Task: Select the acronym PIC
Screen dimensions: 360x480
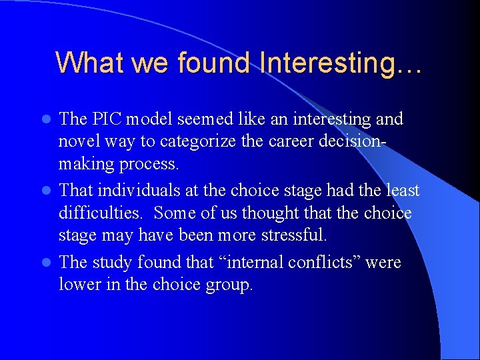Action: pos(109,119)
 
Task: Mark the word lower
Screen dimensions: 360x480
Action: pos(79,285)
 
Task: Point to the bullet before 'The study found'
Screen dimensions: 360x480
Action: pos(47,263)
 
